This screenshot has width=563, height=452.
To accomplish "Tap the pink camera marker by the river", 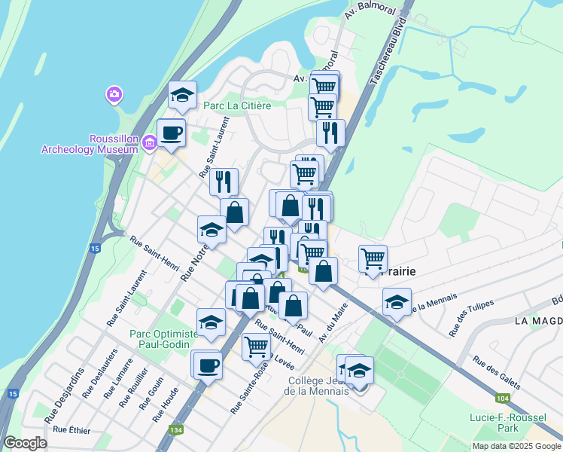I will [114, 94].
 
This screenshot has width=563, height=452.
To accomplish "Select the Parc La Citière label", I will [238, 105].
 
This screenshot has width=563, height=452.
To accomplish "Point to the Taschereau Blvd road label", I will [384, 50].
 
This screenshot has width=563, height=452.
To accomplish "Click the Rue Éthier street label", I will [72, 430].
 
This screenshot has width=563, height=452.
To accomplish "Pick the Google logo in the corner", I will [25, 443].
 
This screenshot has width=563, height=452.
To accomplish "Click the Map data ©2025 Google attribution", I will [516, 446].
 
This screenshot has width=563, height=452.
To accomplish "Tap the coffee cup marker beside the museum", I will [171, 133].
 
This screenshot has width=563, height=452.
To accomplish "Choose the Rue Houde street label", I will [165, 405].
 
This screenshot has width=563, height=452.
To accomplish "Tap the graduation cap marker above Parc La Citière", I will [182, 95].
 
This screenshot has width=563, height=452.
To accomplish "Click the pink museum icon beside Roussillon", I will [149, 142].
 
